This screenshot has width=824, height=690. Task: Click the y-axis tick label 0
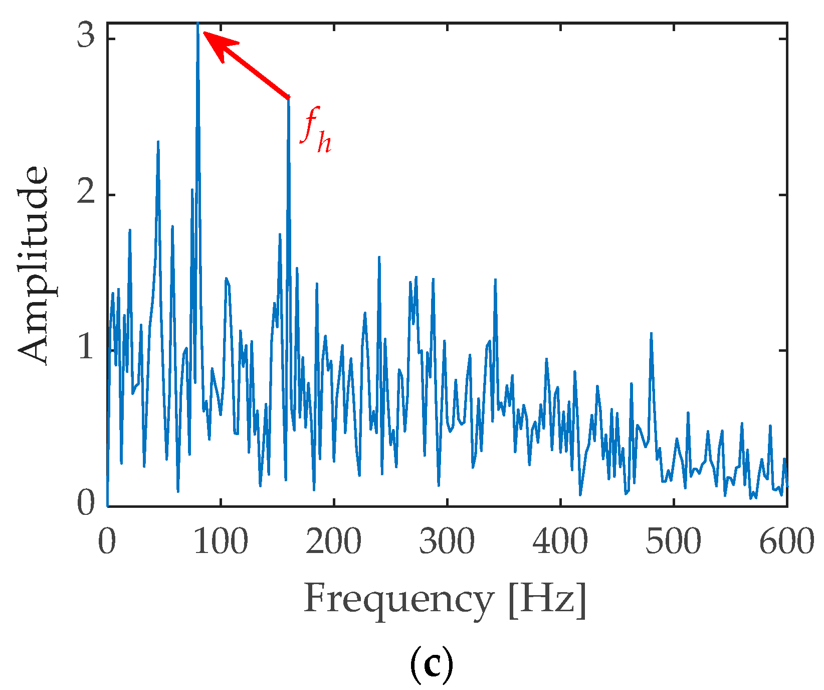coord(86,504)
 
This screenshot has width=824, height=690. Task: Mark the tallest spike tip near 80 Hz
coord(198,24)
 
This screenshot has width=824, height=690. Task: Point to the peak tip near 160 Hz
coord(288,99)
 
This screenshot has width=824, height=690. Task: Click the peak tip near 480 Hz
coord(651,333)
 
